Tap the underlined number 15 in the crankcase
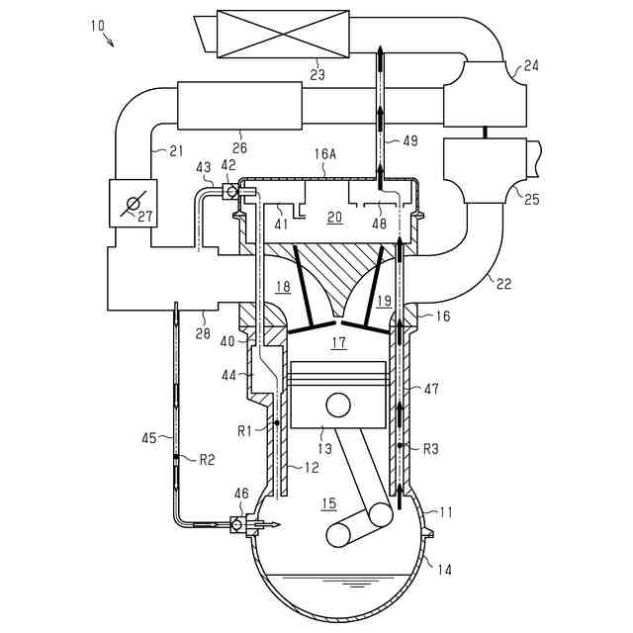tap(329, 503)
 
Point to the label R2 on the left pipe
tap(208, 459)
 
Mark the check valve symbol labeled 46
tap(238, 524)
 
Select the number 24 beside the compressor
tap(531, 66)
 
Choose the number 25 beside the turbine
tap(531, 200)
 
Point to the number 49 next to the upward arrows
tap(408, 140)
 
